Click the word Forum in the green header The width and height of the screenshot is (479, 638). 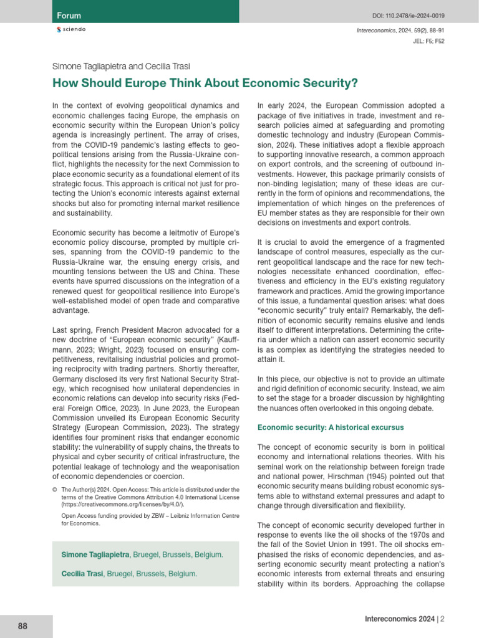point(69,15)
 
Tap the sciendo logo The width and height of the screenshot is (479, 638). point(71,30)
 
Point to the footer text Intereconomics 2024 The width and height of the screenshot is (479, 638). point(400,619)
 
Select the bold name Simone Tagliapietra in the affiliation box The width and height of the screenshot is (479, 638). point(97,554)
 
